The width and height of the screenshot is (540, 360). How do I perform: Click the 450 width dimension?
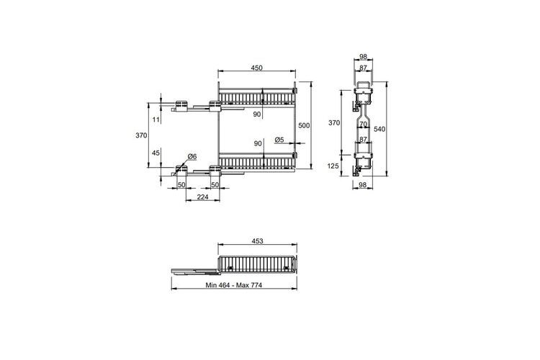256,68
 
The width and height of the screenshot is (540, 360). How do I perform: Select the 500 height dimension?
304,126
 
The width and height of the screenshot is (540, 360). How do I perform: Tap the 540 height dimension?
379,129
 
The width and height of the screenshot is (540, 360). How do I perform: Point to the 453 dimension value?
257,241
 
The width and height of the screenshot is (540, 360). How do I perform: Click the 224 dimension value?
202,197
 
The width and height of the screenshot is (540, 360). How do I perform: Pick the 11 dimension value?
156,120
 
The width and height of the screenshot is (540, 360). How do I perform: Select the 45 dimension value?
156,153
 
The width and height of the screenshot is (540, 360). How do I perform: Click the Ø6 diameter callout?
192,157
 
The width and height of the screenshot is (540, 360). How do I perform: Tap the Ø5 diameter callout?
279,140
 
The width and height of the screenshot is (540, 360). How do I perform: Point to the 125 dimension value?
333,166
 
